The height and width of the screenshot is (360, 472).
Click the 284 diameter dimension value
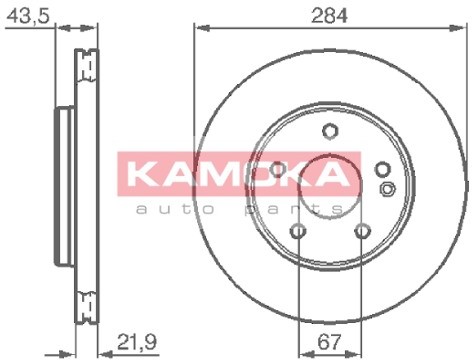[x=325, y=15]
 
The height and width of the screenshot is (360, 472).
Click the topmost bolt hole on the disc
[x=328, y=129]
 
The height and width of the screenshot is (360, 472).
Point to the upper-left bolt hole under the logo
[x=277, y=167]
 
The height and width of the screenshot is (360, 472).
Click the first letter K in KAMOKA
[x=145, y=176]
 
